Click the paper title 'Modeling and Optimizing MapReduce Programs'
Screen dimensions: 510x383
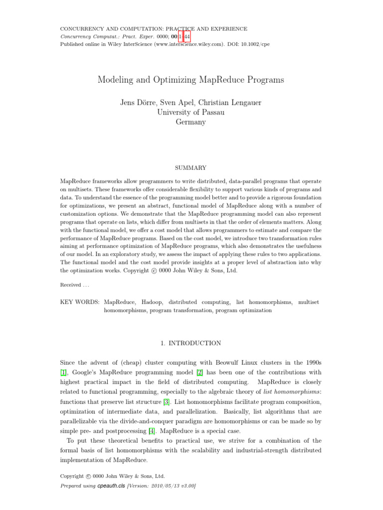tap(191, 80)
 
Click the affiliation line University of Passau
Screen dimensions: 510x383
tap(191, 113)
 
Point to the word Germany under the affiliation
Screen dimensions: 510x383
tap(191, 122)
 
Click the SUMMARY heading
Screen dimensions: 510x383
tap(191, 168)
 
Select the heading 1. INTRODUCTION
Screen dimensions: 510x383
tap(191, 343)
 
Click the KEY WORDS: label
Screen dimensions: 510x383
tap(80, 302)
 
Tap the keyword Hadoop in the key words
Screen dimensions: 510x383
tap(152, 302)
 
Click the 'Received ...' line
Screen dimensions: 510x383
tap(74, 285)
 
